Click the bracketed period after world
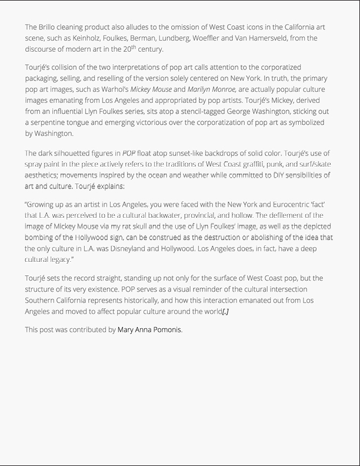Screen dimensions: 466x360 pos(225,311)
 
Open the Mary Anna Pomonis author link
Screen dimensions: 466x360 pos(149,330)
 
